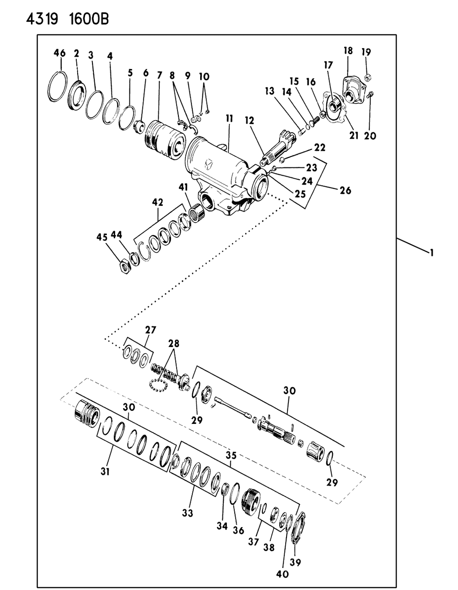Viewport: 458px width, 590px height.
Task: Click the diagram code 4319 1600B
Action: (67, 19)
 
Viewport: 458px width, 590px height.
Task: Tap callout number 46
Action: (59, 53)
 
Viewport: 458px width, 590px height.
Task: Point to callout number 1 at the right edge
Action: (431, 253)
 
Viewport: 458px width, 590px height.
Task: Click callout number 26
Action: (345, 190)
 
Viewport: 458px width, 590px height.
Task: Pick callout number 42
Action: (158, 202)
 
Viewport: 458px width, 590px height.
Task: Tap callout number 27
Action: (151, 330)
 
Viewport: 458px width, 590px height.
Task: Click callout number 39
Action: (295, 562)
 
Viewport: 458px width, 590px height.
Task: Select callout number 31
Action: (105, 472)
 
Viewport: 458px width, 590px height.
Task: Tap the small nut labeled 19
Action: (367, 77)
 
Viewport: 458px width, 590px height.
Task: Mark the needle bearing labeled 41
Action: (197, 211)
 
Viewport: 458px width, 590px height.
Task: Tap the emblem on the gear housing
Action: (209, 164)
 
